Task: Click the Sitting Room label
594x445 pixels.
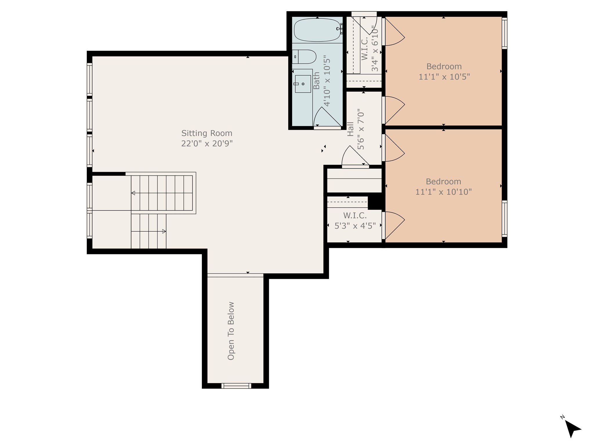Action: [x=207, y=133]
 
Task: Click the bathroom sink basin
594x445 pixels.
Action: [x=303, y=84]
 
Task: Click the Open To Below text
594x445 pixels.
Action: [x=231, y=331]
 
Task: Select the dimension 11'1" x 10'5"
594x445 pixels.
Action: [x=444, y=77]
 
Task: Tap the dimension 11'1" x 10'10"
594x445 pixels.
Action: [x=443, y=192]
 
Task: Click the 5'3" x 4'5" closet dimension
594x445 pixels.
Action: [x=355, y=226]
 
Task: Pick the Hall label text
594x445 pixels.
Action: [x=351, y=129]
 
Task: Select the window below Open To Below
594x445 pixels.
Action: [x=236, y=386]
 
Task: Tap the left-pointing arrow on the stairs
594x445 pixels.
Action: [x=133, y=193]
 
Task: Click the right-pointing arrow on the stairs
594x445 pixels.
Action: [x=164, y=231]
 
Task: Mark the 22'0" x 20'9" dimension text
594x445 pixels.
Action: [x=207, y=143]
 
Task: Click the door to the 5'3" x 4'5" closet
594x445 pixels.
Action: [x=393, y=225]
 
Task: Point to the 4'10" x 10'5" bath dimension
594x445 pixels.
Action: [x=327, y=81]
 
